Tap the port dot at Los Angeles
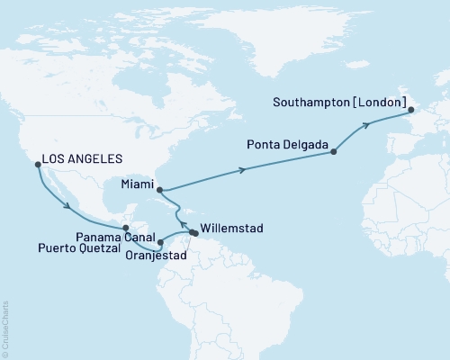(37, 165)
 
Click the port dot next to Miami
(159, 190)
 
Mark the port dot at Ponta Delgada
(334, 152)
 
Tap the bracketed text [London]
(379, 102)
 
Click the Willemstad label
(232, 229)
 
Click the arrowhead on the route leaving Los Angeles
(68, 210)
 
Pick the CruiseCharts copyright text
(5, 328)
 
